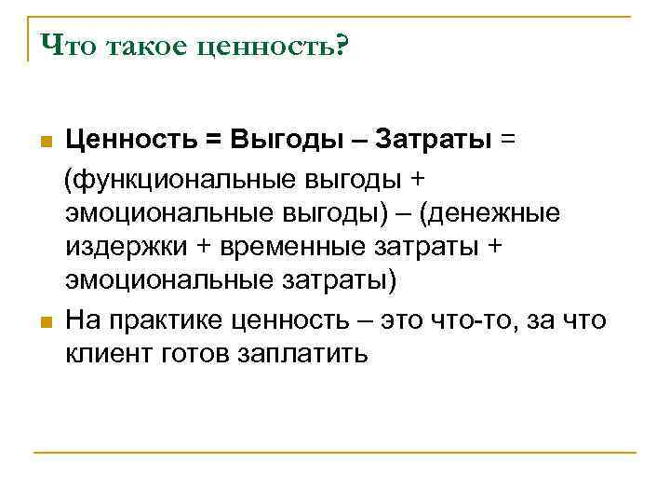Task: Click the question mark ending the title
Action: [337, 46]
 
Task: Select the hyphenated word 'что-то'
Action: [479, 320]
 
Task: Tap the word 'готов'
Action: [186, 355]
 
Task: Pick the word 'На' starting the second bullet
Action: [82, 320]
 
